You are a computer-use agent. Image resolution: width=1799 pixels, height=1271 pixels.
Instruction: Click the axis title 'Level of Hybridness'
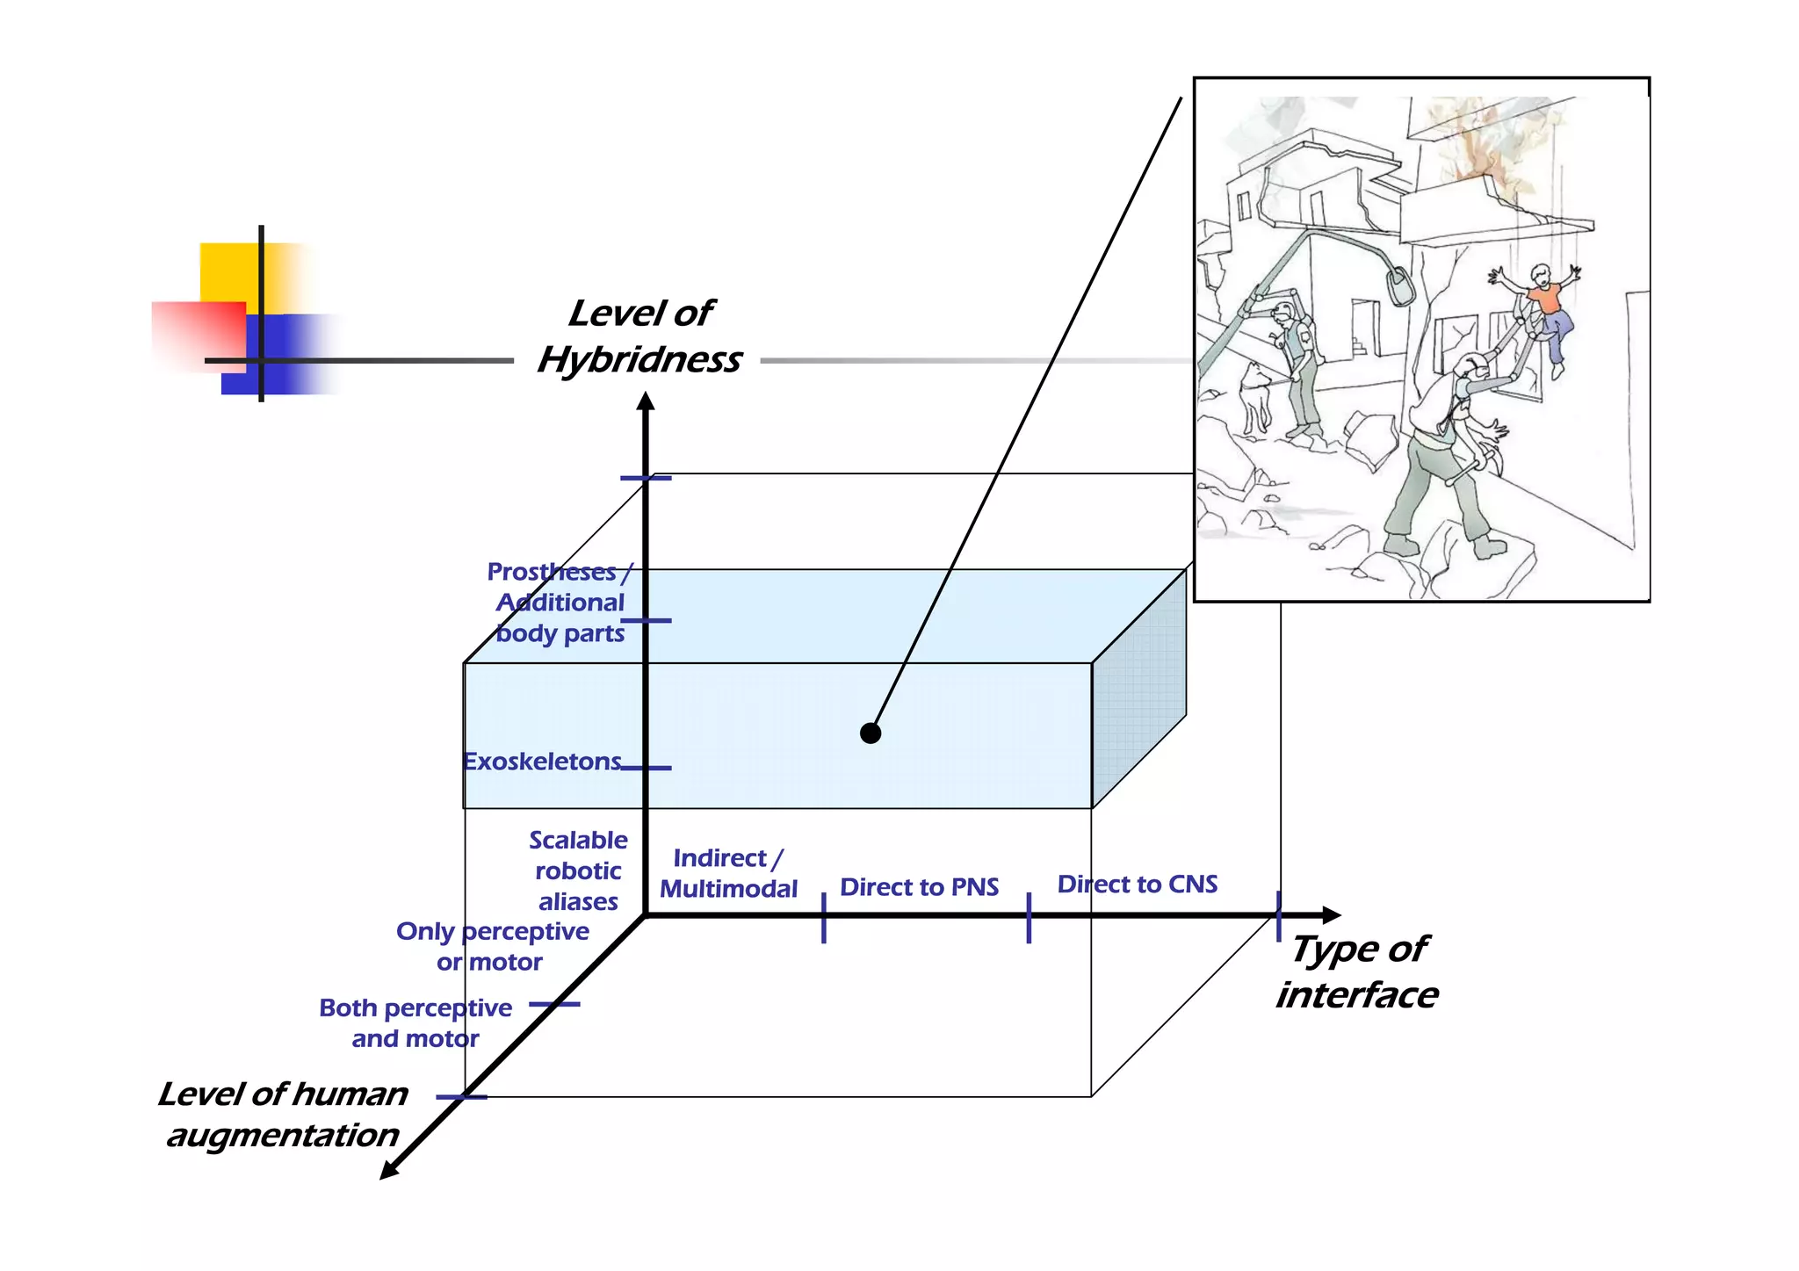point(640,337)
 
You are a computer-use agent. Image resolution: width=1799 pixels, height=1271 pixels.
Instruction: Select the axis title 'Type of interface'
point(1357,972)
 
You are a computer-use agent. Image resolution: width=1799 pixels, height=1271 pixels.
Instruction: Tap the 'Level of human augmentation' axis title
point(283,1114)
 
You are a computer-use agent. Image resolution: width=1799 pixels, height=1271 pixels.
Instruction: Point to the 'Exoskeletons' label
point(542,762)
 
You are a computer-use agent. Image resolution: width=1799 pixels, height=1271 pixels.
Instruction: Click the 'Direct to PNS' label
point(919,887)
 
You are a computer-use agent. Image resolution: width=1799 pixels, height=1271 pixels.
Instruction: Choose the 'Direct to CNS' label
point(1137,885)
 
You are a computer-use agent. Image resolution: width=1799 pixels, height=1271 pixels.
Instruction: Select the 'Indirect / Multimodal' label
point(728,873)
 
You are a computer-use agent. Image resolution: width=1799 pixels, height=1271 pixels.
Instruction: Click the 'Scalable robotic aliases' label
point(578,870)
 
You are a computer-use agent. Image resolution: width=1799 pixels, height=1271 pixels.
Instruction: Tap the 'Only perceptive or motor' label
point(492,946)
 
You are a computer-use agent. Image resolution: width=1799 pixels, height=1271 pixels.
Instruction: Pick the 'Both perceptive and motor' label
point(415,1022)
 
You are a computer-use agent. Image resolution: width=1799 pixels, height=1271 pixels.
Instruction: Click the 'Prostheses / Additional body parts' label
point(560,603)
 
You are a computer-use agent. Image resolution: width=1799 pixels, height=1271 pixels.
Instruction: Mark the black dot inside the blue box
point(871,733)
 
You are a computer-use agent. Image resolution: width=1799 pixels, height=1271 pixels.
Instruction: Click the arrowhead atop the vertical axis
point(646,402)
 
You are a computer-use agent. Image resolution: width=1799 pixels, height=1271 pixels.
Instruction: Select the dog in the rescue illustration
point(1256,395)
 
